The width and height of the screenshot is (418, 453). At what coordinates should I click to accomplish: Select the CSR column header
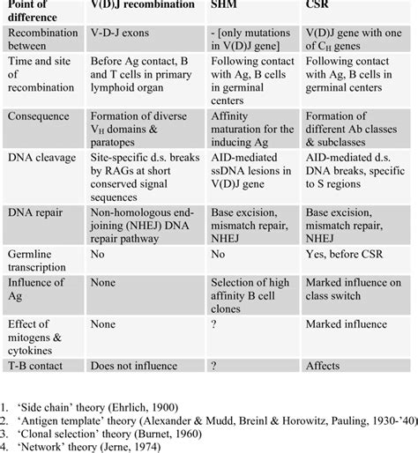[320, 10]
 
